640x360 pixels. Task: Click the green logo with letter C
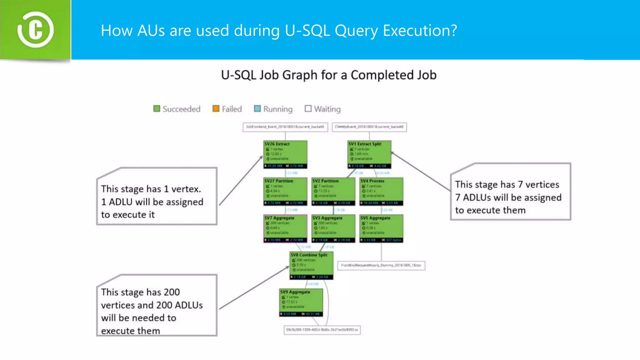(x=35, y=30)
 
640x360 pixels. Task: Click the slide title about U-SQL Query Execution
(x=279, y=31)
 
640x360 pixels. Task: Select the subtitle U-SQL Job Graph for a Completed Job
(x=328, y=75)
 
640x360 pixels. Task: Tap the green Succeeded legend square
(x=157, y=108)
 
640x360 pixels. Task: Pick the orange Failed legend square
(x=216, y=108)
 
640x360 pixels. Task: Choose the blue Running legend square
(x=257, y=108)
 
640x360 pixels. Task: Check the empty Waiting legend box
(x=308, y=108)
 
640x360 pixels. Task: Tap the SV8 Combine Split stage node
(x=312, y=265)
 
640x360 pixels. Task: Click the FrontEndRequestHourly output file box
(x=381, y=265)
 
